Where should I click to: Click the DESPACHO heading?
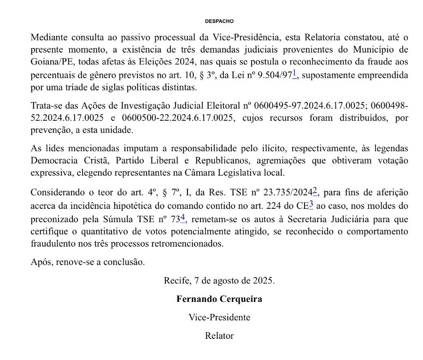click(219, 21)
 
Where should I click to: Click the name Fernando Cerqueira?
click(219, 299)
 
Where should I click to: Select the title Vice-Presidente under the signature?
click(219, 317)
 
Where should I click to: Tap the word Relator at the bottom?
click(219, 336)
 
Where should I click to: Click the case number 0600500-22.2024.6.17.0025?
click(186, 118)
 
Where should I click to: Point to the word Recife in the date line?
click(176, 280)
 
